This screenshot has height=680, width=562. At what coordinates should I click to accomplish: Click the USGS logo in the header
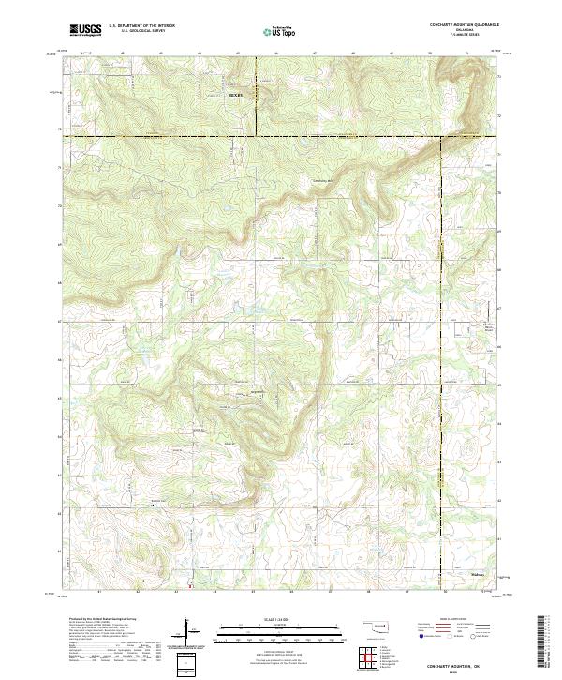(x=85, y=30)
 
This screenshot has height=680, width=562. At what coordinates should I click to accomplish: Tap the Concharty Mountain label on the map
(x=321, y=180)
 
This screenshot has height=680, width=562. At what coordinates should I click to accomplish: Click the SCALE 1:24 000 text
(x=268, y=619)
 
